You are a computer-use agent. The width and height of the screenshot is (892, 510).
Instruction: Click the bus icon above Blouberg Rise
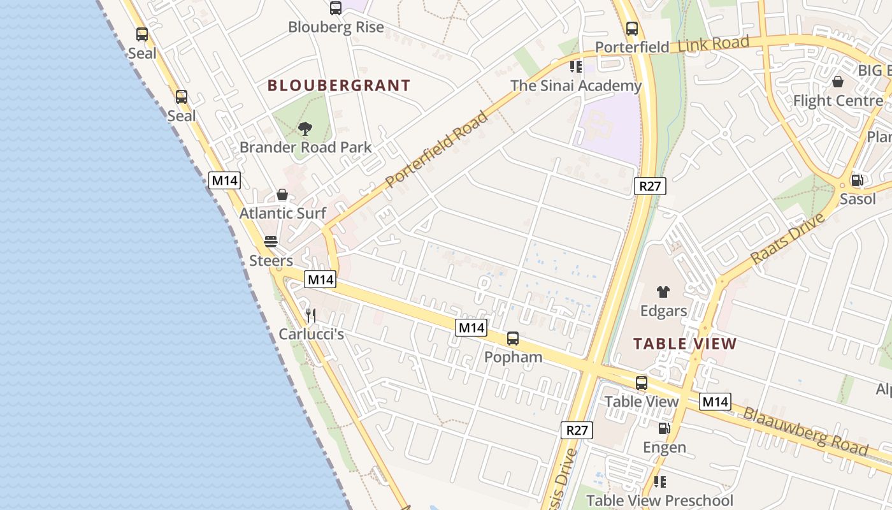pos(336,8)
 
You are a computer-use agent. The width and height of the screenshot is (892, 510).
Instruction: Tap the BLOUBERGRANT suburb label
pos(339,85)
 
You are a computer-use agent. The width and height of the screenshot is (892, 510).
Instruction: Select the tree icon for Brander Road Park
pos(305,129)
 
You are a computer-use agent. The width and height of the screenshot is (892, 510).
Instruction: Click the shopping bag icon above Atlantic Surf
pos(282,194)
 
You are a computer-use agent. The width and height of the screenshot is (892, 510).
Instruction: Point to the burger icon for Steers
pos(271,242)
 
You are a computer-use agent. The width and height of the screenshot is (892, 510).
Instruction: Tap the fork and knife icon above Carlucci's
pos(311,315)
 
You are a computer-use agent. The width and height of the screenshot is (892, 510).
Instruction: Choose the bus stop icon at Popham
pos(513,339)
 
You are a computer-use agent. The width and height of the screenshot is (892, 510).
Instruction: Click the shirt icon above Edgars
pos(663,292)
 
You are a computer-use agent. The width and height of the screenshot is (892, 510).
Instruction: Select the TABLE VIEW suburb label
pos(685,344)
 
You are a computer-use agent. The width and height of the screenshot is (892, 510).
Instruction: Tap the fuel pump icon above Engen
pos(664,428)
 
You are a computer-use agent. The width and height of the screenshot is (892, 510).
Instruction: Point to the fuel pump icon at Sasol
pos(858,180)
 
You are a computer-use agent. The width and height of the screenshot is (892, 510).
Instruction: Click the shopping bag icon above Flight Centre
pos(838,82)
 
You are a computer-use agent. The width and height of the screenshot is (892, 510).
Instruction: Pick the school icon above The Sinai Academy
pos(576,67)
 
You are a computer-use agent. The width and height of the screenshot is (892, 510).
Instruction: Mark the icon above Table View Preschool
pos(660,482)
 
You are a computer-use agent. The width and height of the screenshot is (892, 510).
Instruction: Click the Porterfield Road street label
pos(438,149)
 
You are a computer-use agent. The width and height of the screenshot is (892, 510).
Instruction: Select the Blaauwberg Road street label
pos(805,431)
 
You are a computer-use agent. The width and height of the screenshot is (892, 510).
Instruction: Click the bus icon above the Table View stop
pos(642,383)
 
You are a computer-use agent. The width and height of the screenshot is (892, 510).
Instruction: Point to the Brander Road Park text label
pos(306,147)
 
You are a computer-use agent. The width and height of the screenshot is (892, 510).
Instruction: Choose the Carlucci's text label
pos(312,334)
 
